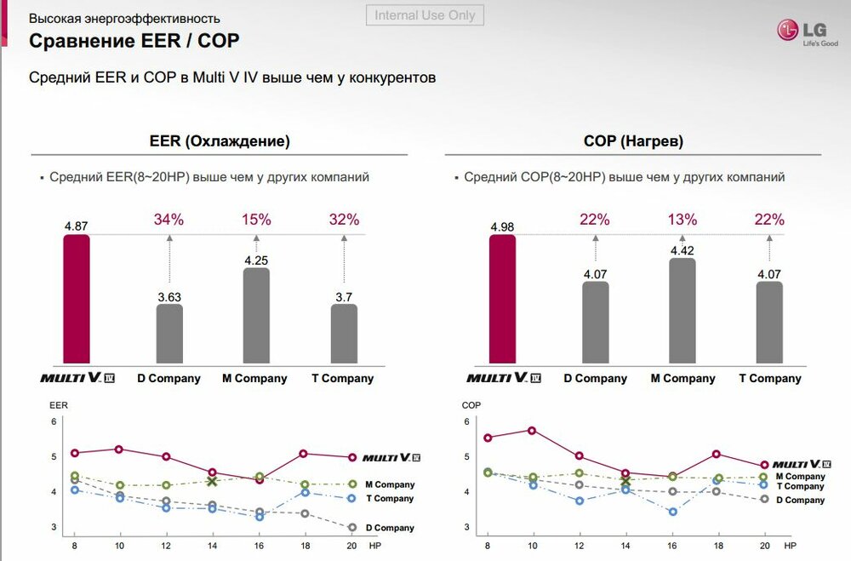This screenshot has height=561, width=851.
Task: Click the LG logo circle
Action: pyautogui.click(x=787, y=31)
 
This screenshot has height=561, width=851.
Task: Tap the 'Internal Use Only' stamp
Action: pyautogui.click(x=425, y=15)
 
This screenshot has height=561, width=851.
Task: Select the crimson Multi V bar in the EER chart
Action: pyautogui.click(x=76, y=299)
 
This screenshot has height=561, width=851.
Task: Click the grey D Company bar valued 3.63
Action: pyautogui.click(x=169, y=333)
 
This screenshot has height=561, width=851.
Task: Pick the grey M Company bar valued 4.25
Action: pyautogui.click(x=256, y=315)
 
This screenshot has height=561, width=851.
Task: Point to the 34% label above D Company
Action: pyautogui.click(x=168, y=220)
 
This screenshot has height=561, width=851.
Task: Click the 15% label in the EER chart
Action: pyautogui.click(x=256, y=220)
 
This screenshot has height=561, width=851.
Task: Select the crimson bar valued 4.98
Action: pyautogui.click(x=502, y=299)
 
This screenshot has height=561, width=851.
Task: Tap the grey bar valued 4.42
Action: pyautogui.click(x=683, y=311)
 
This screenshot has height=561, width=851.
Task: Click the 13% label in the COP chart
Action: pyautogui.click(x=683, y=220)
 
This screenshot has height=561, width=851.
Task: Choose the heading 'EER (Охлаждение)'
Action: pyautogui.click(x=220, y=141)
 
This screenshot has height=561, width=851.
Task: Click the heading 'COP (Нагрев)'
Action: pyautogui.click(x=633, y=141)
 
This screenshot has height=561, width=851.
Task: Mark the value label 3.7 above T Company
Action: pyautogui.click(x=344, y=297)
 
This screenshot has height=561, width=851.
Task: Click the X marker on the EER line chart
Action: pyautogui.click(x=213, y=481)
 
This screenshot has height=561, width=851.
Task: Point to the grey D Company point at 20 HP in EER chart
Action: pyautogui.click(x=351, y=528)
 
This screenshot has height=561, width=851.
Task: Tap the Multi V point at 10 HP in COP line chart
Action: pyautogui.click(x=532, y=431)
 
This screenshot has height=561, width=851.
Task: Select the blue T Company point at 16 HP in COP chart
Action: pyautogui.click(x=672, y=512)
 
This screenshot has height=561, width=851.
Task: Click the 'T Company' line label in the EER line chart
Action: pyautogui.click(x=389, y=499)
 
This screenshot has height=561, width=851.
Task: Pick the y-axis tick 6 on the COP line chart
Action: pyautogui.click(x=465, y=422)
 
